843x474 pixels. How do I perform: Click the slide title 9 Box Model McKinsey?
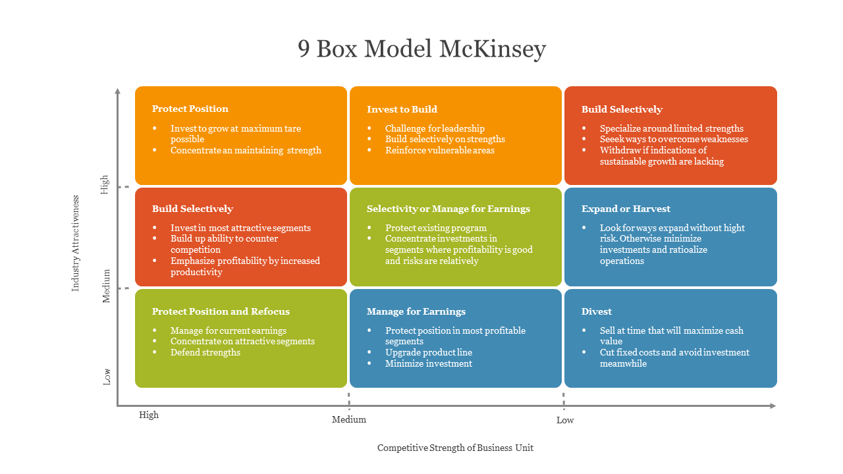pyautogui.click(x=421, y=49)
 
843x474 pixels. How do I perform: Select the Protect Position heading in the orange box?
pyautogui.click(x=190, y=109)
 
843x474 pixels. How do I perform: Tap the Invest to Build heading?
pyautogui.click(x=402, y=109)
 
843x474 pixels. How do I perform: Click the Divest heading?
pyautogui.click(x=596, y=311)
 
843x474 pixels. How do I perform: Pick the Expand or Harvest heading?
pyautogui.click(x=626, y=209)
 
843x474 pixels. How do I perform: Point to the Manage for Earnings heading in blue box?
pyautogui.click(x=416, y=311)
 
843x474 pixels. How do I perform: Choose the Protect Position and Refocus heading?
pyautogui.click(x=221, y=311)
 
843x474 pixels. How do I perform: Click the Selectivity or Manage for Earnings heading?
pyautogui.click(x=448, y=209)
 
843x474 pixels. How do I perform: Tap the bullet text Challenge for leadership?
pyautogui.click(x=435, y=128)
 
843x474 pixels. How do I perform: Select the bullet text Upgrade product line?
pyautogui.click(x=429, y=352)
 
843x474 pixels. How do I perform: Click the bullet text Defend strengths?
pyautogui.click(x=205, y=352)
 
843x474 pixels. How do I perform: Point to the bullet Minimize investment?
pyautogui.click(x=429, y=363)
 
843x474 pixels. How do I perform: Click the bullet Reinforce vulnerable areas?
pyautogui.click(x=439, y=150)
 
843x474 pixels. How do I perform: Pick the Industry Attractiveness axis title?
pyautogui.click(x=76, y=243)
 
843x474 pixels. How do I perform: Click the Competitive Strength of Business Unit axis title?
pyautogui.click(x=455, y=448)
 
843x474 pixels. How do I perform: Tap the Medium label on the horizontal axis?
pyautogui.click(x=348, y=419)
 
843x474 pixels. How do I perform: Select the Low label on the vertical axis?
pyautogui.click(x=107, y=377)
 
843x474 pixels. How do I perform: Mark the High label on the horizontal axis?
pyautogui.click(x=149, y=415)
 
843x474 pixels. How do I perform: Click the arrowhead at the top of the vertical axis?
pyautogui.click(x=118, y=91)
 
